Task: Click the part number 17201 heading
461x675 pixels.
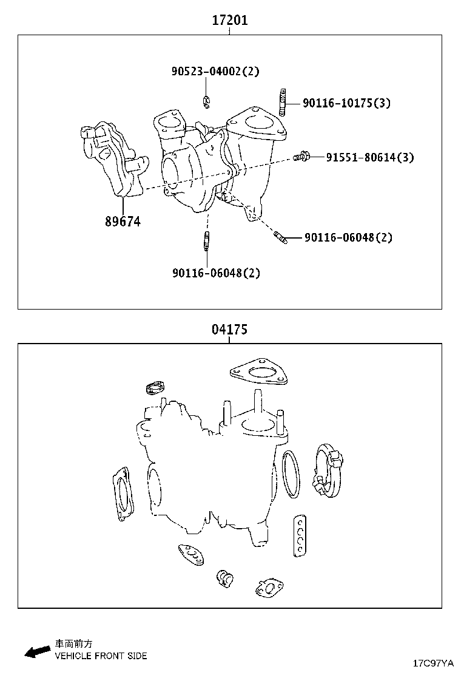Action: tap(229, 21)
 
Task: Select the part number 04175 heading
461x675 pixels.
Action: tap(229, 330)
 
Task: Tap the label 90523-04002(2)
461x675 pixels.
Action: tap(215, 72)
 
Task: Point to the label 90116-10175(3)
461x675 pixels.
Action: tap(346, 103)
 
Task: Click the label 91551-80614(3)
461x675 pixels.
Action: tap(370, 158)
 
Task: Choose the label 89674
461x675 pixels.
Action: tap(123, 222)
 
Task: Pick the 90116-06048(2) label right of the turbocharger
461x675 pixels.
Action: tap(348, 237)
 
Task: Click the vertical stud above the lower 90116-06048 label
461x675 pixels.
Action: tap(207, 240)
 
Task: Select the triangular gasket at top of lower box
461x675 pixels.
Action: tap(258, 373)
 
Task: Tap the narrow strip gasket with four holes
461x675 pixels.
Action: tap(299, 534)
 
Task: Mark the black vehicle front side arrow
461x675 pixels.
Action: tap(37, 651)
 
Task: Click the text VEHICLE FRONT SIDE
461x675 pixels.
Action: tap(101, 656)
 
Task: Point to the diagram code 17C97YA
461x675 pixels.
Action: tap(433, 662)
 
